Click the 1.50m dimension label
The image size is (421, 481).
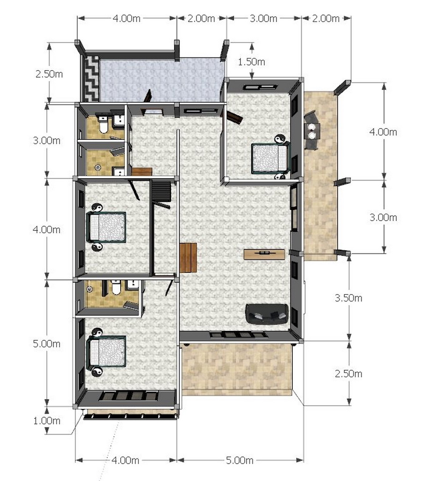click(251, 62)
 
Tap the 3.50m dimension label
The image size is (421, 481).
click(348, 298)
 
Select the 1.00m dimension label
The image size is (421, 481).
click(47, 421)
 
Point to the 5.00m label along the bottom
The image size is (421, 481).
click(240, 460)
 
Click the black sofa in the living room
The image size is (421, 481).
click(267, 314)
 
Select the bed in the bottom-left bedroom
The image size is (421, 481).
click(106, 352)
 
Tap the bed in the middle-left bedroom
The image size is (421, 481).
click(106, 226)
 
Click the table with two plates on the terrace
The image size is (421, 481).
click(312, 131)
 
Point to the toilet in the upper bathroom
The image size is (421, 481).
click(103, 125)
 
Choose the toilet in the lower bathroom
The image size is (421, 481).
click(116, 288)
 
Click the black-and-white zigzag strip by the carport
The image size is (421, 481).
click(91, 79)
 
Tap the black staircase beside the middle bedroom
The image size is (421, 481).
click(161, 191)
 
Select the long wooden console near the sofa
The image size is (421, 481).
click(264, 254)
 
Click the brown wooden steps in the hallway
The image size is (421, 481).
click(188, 258)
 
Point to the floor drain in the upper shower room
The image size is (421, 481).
click(98, 167)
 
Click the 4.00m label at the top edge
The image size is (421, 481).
click(126, 18)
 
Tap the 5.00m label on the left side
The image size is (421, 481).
click(47, 344)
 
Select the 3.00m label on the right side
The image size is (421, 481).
click(383, 217)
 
